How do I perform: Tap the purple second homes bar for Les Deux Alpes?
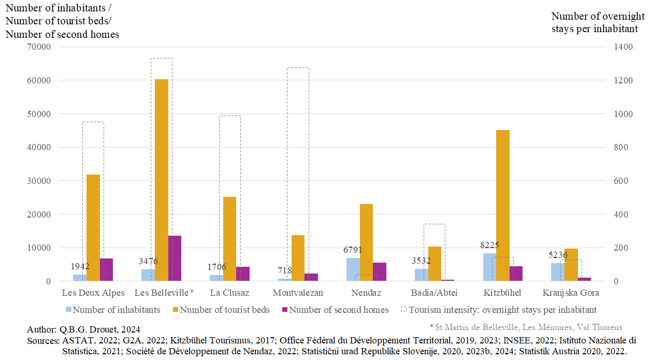(x=106, y=270)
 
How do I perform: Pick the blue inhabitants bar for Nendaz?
(x=353, y=269)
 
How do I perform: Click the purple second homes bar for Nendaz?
(x=380, y=272)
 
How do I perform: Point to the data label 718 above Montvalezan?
(x=285, y=270)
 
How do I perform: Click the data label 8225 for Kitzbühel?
(x=489, y=245)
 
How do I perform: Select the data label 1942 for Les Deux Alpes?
(x=80, y=266)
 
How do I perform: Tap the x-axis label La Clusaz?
(x=229, y=293)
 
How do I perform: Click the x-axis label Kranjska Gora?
(x=571, y=293)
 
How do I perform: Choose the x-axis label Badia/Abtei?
(x=434, y=293)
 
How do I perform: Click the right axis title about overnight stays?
(x=595, y=22)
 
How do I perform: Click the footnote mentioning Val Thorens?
(x=526, y=327)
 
